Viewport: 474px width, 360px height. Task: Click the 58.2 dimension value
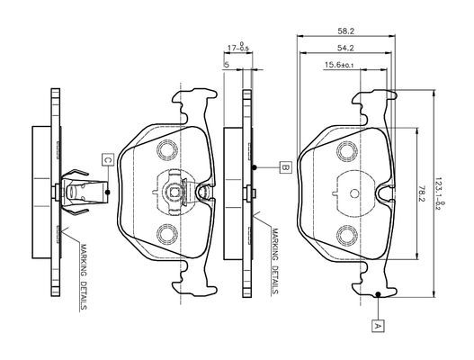click(x=345, y=31)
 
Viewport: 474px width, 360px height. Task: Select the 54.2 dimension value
click(x=345, y=48)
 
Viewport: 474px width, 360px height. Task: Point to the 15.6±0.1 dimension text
click(x=339, y=65)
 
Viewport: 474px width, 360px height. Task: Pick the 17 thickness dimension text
click(x=238, y=48)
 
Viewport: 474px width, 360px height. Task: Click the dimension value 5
click(x=227, y=65)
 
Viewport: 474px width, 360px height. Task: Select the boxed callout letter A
click(x=378, y=326)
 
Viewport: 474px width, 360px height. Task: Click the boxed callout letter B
click(x=286, y=167)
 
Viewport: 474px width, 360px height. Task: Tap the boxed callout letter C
click(x=108, y=159)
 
